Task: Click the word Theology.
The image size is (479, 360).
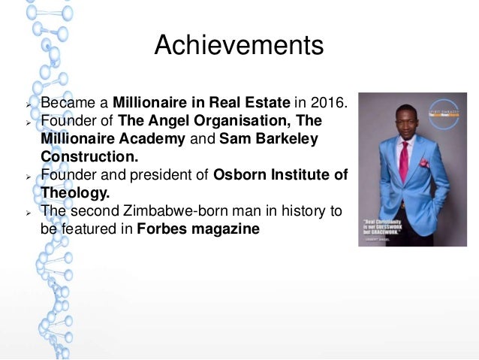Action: pos(75,194)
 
